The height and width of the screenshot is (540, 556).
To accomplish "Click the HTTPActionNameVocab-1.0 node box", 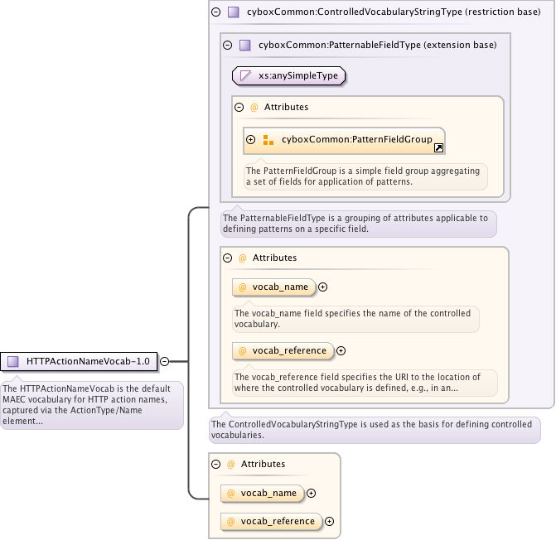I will [x=80, y=361].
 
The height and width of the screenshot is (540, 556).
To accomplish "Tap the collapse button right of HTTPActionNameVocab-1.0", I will [x=164, y=361].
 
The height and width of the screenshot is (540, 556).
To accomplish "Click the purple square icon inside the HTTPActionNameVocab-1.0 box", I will [x=13, y=361].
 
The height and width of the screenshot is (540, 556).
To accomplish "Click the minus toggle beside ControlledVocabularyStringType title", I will [x=215, y=12].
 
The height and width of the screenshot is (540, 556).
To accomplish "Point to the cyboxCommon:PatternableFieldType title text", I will [x=377, y=45].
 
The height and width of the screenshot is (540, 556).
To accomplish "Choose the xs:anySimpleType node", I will [x=288, y=75].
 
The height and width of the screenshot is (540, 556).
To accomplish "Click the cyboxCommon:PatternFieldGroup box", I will [x=345, y=140].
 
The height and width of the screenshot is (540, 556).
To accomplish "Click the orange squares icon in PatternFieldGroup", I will [x=268, y=140].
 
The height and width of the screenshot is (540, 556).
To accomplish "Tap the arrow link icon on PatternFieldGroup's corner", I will [x=438, y=147].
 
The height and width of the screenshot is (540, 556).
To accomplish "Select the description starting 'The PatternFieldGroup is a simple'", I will [x=365, y=176].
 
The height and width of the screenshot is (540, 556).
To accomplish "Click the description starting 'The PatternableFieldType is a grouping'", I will [x=358, y=224].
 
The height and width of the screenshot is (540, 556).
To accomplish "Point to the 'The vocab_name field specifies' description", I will [x=355, y=319].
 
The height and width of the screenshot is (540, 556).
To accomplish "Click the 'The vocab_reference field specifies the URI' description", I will [x=365, y=382].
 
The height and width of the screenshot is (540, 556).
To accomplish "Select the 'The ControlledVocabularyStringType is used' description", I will [x=374, y=429].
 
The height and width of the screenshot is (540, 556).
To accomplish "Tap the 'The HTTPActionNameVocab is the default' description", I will [x=91, y=404].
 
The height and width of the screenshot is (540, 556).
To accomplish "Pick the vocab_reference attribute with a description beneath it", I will [x=283, y=350].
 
